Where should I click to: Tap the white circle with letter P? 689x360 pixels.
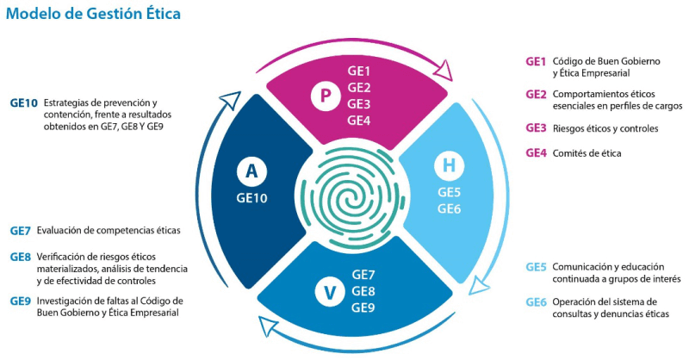[325, 96]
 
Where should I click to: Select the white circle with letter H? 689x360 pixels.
[449, 164]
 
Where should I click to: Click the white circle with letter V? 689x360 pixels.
[328, 292]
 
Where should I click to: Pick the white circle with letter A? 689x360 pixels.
[251, 171]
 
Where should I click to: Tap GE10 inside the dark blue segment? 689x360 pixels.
[251, 197]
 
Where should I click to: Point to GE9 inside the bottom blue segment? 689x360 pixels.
[363, 307]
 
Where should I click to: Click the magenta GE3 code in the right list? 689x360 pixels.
[536, 128]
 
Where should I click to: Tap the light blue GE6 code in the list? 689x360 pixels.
[536, 301]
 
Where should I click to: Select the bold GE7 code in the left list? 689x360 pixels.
[21, 230]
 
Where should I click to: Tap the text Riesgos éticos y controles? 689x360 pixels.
[605, 128]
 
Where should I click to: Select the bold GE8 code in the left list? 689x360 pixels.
[21, 257]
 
